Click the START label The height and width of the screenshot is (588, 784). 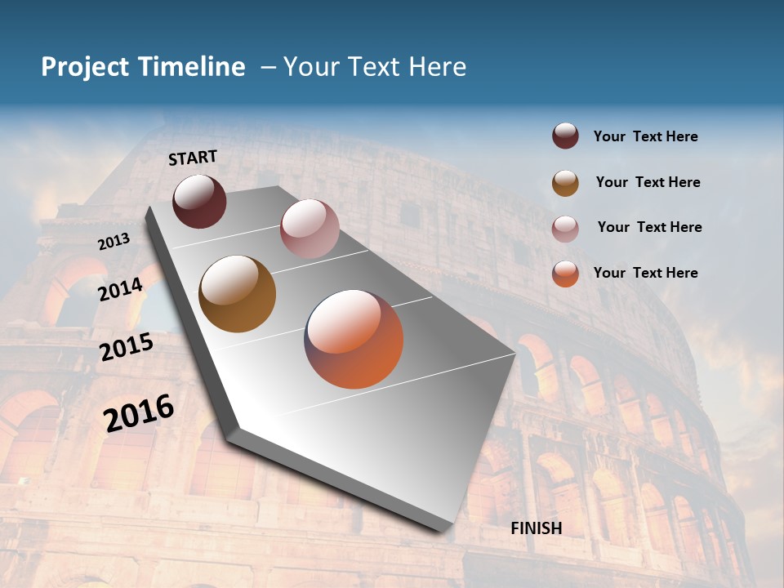point(193,158)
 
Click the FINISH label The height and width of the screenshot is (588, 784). point(536,528)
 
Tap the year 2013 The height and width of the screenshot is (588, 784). point(114,242)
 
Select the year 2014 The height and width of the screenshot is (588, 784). point(120,289)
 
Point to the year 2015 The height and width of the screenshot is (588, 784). point(126,347)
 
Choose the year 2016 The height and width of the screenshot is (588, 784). point(139,412)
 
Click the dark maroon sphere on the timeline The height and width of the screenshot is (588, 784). point(199,201)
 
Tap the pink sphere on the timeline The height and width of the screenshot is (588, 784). point(309,229)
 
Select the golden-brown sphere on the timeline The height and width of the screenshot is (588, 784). point(237,294)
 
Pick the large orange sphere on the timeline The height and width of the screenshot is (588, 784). point(354,339)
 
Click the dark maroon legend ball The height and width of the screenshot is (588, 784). point(565,136)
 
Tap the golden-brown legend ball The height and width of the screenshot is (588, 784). point(565,183)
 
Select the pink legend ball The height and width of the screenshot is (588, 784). point(565,229)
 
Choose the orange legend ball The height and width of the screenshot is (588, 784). point(565,274)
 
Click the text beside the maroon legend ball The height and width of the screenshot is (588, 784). point(645,137)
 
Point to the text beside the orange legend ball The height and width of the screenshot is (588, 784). point(645,273)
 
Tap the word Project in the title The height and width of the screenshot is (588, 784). point(85,68)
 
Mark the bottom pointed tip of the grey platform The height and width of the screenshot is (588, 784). point(441,531)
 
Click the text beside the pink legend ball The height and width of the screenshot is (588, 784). point(649,227)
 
